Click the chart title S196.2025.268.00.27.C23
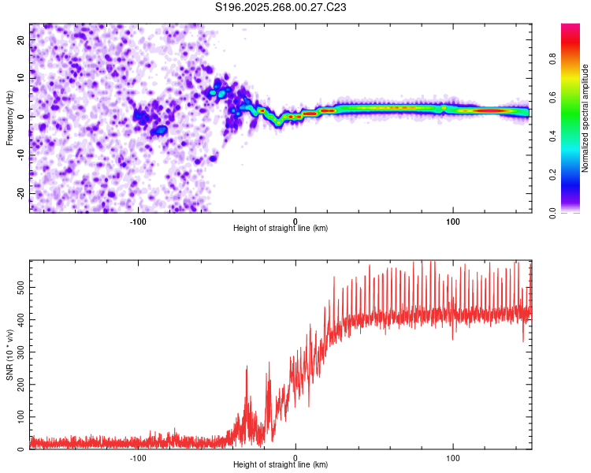pyautogui.click(x=281, y=7)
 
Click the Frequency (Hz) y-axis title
pyautogui.click(x=9, y=117)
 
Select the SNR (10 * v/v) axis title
pyautogui.click(x=9, y=355)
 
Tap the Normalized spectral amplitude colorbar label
pyautogui.click(x=585, y=118)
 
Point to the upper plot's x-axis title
pyautogui.click(x=281, y=228)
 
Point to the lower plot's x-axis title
pyautogui.click(x=281, y=464)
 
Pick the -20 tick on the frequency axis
pyautogui.click(x=20, y=193)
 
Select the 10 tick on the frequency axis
pyautogui.click(x=21, y=77)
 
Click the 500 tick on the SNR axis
pyautogui.click(x=18, y=289)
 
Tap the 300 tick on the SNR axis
pyautogui.click(x=18, y=352)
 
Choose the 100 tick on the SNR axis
pyautogui.click(x=18, y=417)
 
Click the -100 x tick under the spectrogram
pyautogui.click(x=138, y=221)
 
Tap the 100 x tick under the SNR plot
pyautogui.click(x=452, y=457)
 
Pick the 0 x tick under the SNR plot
pyautogui.click(x=295, y=457)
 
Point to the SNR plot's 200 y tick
pyautogui.click(x=18, y=385)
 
